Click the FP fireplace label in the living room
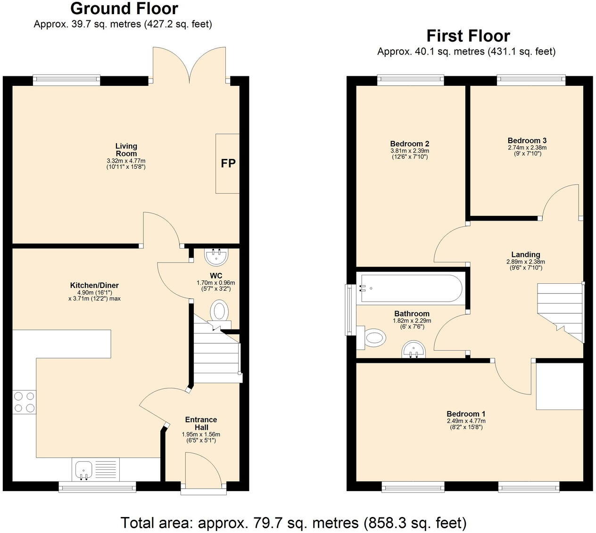pos(228,164)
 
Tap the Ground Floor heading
pos(124,8)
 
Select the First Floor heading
pos(468,36)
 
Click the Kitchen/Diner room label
pos(94,285)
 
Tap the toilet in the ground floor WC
pos(219,312)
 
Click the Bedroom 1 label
pos(466,414)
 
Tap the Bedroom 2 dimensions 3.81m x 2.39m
pos(409,151)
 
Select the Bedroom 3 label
pos(527,140)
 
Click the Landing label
pos(525,254)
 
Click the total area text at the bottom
pos(293,523)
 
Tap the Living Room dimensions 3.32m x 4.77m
pos(126,161)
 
